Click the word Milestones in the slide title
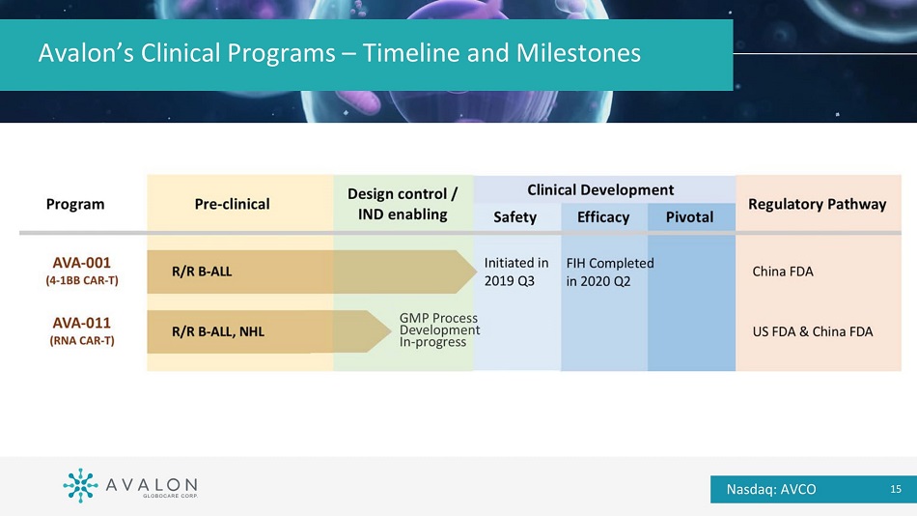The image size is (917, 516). (x=578, y=53)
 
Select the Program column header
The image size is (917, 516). (x=75, y=205)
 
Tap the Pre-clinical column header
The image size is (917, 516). (x=233, y=205)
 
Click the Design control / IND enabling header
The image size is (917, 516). (x=403, y=204)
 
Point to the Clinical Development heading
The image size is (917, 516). (x=600, y=189)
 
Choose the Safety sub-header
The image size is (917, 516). (x=514, y=217)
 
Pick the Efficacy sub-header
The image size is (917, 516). (x=603, y=217)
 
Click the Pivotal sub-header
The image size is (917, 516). (x=689, y=217)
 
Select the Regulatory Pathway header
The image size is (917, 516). (x=817, y=205)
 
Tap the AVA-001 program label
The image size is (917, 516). (x=82, y=263)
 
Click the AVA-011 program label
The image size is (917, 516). (x=82, y=323)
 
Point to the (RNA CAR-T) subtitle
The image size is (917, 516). (x=82, y=341)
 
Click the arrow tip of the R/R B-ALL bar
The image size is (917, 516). (x=476, y=272)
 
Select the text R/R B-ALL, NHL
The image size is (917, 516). (x=218, y=332)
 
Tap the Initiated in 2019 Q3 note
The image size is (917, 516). (x=516, y=272)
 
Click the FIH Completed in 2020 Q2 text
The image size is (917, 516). (x=610, y=272)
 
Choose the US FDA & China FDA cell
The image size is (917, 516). (x=813, y=332)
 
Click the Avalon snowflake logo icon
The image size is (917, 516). (x=80, y=485)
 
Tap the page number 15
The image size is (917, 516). (x=896, y=489)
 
